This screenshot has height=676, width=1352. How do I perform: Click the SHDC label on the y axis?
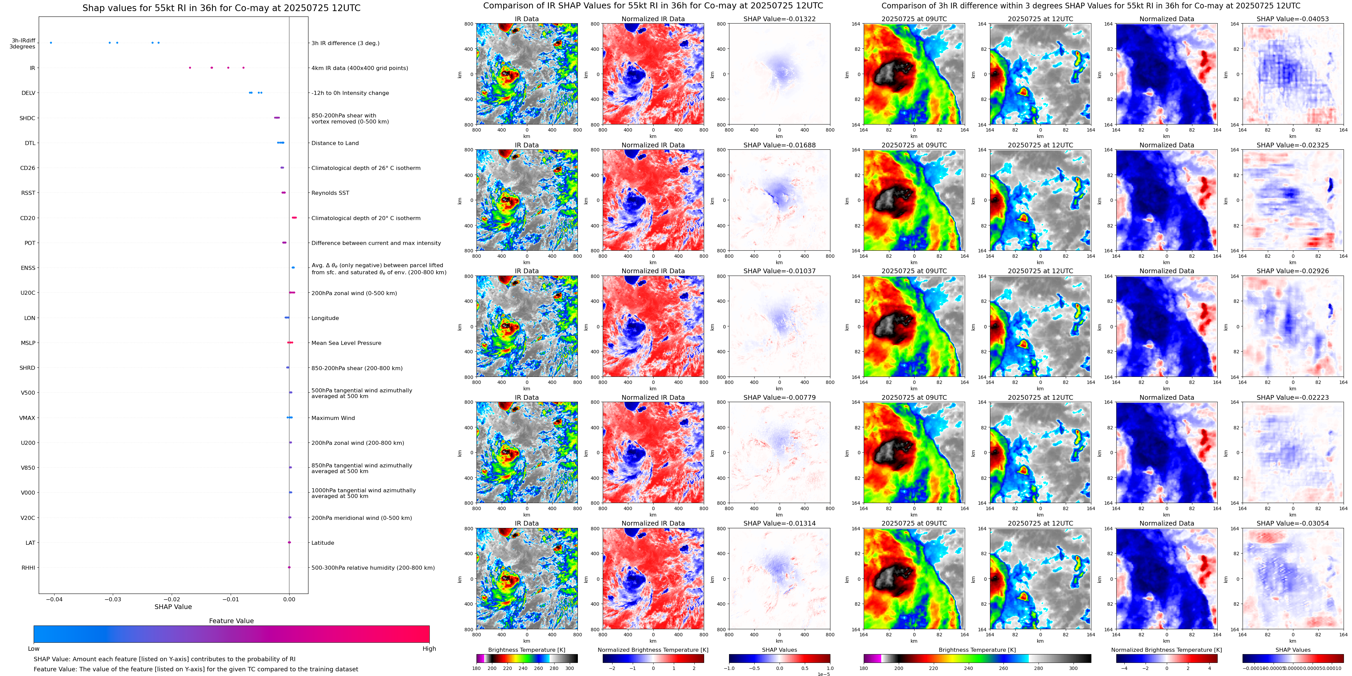[x=27, y=118]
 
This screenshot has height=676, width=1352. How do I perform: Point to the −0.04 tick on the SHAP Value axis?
[x=54, y=599]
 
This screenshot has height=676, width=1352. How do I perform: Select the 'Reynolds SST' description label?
[x=330, y=193]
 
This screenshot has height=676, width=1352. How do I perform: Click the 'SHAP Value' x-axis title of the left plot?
[x=173, y=607]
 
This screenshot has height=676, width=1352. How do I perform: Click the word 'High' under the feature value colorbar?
[x=429, y=649]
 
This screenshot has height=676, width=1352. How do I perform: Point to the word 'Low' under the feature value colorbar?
[x=34, y=649]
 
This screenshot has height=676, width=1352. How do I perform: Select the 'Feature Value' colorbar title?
[x=231, y=621]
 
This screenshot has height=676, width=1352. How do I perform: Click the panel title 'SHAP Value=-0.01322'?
[x=780, y=19]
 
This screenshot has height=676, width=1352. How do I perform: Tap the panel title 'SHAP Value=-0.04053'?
[x=1293, y=19]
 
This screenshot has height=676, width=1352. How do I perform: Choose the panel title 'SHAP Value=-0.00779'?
[x=780, y=397]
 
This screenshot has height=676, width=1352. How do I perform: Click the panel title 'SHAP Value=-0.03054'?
[x=1293, y=523]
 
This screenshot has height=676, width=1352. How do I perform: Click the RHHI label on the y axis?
[x=28, y=567]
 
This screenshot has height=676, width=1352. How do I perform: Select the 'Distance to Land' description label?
[x=335, y=143]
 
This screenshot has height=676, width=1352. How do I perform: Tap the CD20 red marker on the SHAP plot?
[x=294, y=218]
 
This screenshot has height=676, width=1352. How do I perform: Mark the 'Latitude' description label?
[x=323, y=543]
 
